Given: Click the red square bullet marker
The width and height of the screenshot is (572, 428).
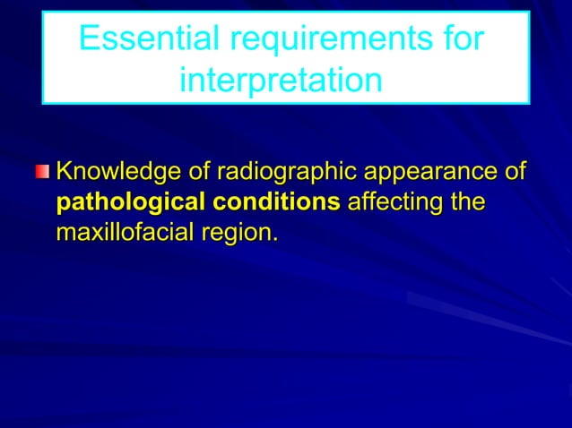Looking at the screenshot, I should pyautogui.click(x=44, y=171).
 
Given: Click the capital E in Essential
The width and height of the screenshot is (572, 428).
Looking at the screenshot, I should pyautogui.click(x=89, y=39).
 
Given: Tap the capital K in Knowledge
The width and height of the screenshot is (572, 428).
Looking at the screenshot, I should pyautogui.click(x=65, y=171).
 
